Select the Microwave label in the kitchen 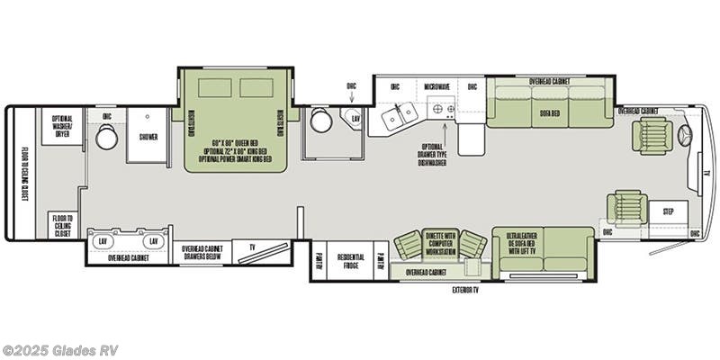436,87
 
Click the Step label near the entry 668,212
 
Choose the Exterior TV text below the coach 465,290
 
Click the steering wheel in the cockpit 685,135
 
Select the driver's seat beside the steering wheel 651,135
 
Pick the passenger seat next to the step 628,207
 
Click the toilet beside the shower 107,137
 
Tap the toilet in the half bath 319,121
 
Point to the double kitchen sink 398,114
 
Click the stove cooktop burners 444,110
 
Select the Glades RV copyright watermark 60,350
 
